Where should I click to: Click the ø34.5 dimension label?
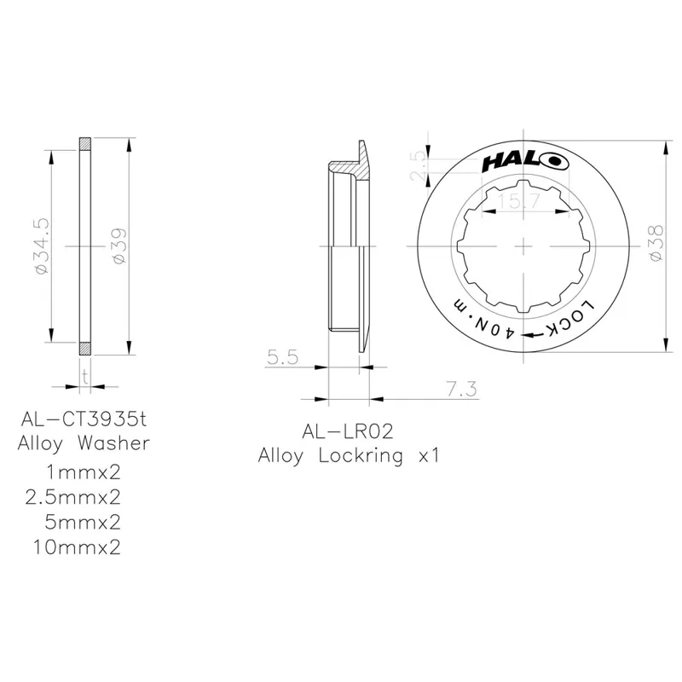click(39, 245)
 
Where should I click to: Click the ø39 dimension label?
click(118, 245)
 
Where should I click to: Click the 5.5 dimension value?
click(281, 359)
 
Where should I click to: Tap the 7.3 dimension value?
click(460, 389)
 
